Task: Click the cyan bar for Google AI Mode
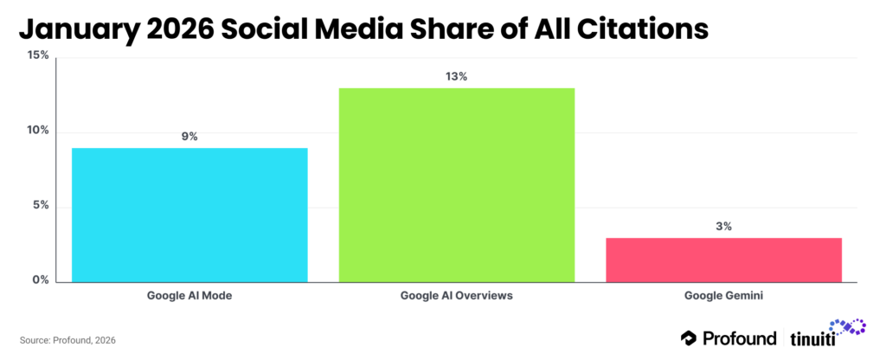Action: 189,215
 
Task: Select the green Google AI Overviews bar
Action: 456,184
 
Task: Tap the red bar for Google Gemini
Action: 723,260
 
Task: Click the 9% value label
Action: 189,137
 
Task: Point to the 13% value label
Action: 456,77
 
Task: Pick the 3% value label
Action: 723,227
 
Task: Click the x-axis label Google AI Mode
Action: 189,296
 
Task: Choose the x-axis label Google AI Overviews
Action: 456,296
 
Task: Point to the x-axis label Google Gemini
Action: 723,296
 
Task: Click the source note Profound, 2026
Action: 67,340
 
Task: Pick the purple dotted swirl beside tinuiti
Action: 850,327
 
